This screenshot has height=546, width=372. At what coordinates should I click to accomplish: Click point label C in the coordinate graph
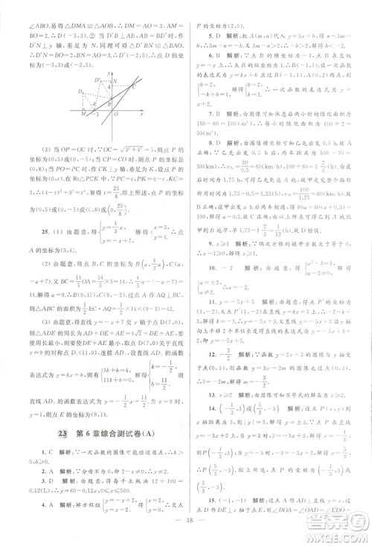click(x=134, y=87)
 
